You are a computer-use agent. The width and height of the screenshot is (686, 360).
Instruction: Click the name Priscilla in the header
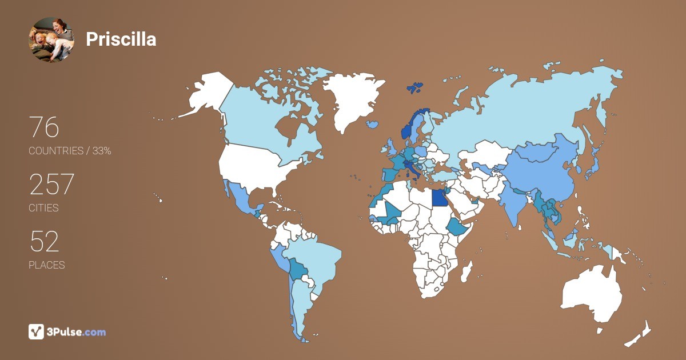coord(121,39)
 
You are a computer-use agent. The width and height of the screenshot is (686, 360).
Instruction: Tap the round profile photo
coord(51,39)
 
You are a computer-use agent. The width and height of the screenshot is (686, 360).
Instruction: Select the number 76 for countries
coord(44,127)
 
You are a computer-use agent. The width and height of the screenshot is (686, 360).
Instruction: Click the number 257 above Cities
coord(51,185)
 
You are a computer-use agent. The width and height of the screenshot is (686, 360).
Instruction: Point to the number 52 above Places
coord(44,242)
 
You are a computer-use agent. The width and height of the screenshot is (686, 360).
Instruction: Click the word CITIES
coord(43,208)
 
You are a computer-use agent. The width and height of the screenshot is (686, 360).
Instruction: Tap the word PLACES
coord(46,265)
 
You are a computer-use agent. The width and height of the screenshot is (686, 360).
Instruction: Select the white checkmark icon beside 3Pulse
coord(36,331)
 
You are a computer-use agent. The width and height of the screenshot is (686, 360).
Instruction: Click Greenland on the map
coord(349,100)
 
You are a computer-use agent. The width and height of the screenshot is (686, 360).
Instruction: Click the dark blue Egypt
coord(438,197)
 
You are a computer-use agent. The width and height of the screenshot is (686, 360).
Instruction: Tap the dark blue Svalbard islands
coord(415,87)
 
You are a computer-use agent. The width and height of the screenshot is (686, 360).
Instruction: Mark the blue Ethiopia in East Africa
coord(457,226)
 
